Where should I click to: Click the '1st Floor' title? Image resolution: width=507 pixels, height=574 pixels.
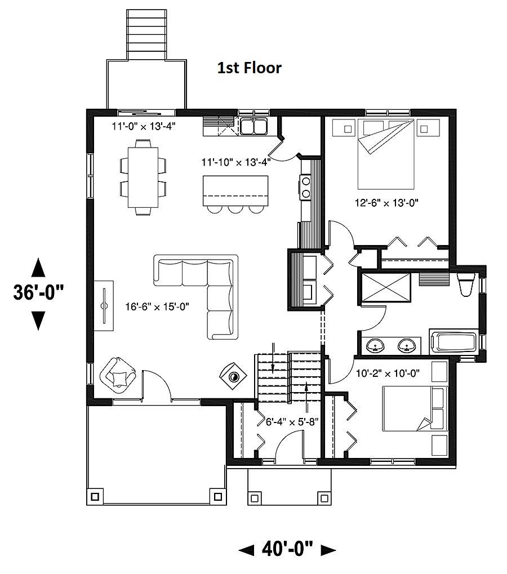click(x=250, y=68)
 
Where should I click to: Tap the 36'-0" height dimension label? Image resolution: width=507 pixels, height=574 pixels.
click(x=38, y=292)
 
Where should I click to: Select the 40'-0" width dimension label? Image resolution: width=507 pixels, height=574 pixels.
click(x=287, y=549)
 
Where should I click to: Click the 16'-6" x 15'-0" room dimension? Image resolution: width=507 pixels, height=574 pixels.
click(x=157, y=307)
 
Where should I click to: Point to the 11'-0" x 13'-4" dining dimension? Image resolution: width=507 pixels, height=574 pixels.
click(x=144, y=126)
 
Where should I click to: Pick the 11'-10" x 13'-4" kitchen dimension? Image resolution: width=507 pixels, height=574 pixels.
click(x=236, y=162)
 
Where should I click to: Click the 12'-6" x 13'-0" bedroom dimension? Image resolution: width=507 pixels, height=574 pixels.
click(x=386, y=202)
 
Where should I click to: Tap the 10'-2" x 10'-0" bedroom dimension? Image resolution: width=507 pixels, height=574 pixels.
click(x=388, y=373)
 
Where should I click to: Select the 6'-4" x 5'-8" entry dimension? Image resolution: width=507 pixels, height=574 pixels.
click(x=292, y=422)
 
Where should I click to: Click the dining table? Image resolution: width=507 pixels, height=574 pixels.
click(x=143, y=177)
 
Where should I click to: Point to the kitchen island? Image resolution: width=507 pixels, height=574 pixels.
click(x=235, y=191)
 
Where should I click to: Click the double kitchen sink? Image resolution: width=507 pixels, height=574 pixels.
click(x=253, y=126)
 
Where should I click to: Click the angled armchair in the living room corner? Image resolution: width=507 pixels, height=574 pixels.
click(x=118, y=375)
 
